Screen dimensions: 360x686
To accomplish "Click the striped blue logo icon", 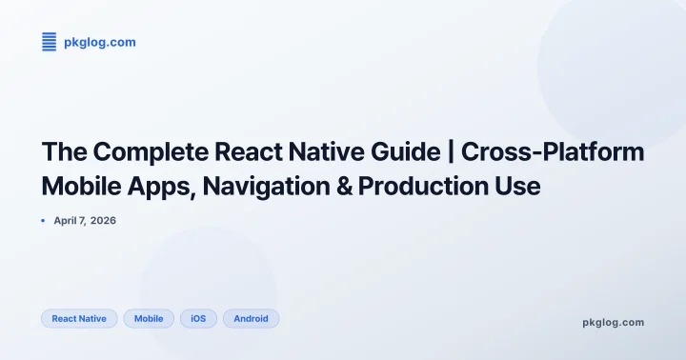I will point(50,42).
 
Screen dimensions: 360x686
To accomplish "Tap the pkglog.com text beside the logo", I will point(99,42).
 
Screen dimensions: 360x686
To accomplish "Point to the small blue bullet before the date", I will point(44,221).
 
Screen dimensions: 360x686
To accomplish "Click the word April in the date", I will point(69,221).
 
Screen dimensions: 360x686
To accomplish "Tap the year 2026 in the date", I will point(103,221).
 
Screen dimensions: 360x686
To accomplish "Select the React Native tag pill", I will point(79,318).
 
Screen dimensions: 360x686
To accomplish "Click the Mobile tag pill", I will point(149,318).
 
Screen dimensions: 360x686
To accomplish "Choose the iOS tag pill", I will point(198,318).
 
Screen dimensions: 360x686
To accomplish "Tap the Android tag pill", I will point(251,318).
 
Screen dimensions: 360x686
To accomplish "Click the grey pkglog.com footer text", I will point(613,322).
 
